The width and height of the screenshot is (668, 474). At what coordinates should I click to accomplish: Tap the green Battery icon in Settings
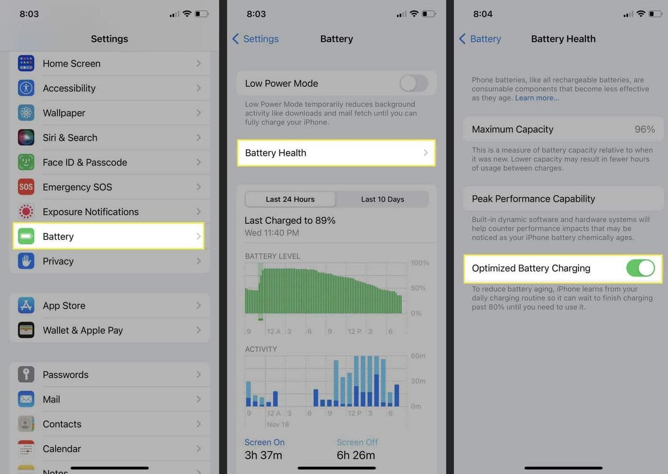click(x=26, y=236)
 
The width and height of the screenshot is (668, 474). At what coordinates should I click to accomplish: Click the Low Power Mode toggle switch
click(x=414, y=83)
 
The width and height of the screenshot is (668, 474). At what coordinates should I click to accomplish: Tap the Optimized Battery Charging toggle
click(x=640, y=268)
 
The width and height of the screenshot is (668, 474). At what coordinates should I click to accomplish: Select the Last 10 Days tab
click(x=382, y=199)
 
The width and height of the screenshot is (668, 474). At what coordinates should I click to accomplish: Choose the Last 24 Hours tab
click(x=290, y=199)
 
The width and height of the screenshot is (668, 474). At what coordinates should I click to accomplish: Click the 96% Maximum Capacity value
click(x=644, y=129)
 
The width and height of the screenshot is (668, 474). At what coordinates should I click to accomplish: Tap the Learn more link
click(x=537, y=98)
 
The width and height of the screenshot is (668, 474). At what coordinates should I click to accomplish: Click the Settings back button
click(x=255, y=39)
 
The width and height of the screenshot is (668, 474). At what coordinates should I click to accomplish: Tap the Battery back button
click(x=480, y=39)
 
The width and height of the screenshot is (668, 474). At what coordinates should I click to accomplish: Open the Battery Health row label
click(x=275, y=153)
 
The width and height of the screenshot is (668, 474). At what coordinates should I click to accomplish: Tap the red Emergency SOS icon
click(x=26, y=187)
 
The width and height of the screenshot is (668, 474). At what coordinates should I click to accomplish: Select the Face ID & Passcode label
click(x=85, y=162)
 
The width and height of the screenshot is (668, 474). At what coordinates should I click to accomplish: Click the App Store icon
click(x=26, y=306)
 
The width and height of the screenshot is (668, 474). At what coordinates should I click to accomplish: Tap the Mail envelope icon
click(x=26, y=399)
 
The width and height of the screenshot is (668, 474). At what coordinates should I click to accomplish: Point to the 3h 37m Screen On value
click(x=263, y=455)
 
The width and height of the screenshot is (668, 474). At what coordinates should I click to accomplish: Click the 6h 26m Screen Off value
click(x=356, y=455)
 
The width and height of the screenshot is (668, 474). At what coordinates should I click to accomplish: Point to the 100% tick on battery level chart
click(x=419, y=263)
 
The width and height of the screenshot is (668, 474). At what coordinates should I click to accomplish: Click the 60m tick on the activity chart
click(x=418, y=356)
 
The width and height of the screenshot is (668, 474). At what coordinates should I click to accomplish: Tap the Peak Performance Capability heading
click(x=533, y=199)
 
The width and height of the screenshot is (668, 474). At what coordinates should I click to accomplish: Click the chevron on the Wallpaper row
click(x=198, y=113)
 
